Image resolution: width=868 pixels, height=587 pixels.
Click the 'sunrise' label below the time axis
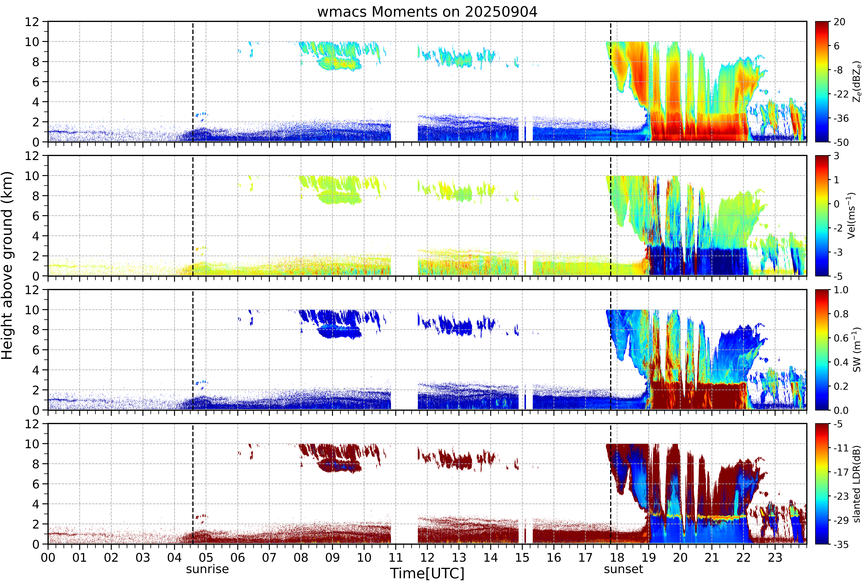point(207,569)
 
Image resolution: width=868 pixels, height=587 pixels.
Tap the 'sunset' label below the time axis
point(623,569)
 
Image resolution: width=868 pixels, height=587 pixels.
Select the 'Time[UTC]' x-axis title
point(427,573)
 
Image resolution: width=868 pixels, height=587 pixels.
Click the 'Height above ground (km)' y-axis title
point(7,265)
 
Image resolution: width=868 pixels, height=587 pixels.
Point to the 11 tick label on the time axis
point(395,557)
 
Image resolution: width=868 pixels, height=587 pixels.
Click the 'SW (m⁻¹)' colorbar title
point(857,350)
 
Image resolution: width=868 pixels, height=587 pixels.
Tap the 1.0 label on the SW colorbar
point(841,290)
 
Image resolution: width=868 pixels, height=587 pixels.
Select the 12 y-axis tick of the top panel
point(32,22)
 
